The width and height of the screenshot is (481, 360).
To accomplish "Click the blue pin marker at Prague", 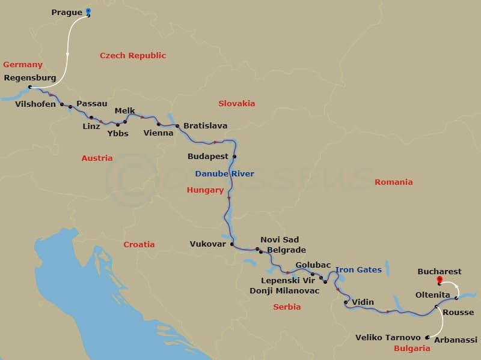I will coord(88,11).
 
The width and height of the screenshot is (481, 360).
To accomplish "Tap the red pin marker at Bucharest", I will coord(440,280).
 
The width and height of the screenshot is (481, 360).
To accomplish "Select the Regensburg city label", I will coord(30,77).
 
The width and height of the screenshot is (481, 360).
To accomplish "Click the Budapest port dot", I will coord(234,157).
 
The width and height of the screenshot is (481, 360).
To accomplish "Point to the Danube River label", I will coord(224,174).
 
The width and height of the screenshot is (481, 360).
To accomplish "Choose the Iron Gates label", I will coord(358,270).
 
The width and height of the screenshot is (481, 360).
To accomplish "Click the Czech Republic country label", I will coord(132,56).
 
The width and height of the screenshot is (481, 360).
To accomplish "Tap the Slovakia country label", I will coord(237,103).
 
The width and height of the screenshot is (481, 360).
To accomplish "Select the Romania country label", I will coord(393,182).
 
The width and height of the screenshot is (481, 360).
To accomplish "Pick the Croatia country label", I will coord(139,244).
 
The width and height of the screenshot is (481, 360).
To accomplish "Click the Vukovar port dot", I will coord(231,244).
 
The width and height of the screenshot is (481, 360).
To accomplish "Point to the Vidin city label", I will coord(363,302).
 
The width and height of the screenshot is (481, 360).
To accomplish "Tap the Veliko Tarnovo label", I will coord(388,338).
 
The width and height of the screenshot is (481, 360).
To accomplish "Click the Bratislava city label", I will coord(205,126).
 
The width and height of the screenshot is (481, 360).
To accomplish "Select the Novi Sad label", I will coord(279,240).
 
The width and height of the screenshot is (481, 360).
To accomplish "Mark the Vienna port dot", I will coord(159,124).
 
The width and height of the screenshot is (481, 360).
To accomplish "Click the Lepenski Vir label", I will coord(288,280).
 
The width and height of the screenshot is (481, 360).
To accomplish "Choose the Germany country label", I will coord(23,65).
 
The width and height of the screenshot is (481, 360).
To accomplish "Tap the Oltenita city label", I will coord(434,295).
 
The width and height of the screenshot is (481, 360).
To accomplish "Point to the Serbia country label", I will coord(287,307).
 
